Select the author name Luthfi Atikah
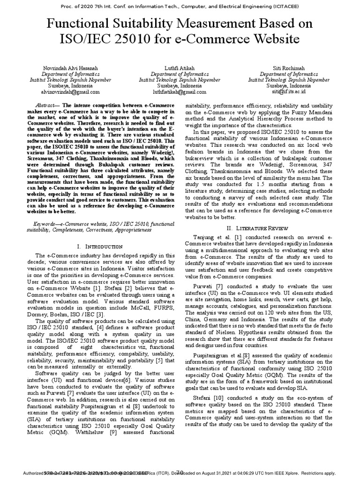click(180, 68)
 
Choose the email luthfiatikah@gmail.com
click(180, 92)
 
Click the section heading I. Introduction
click(98, 247)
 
